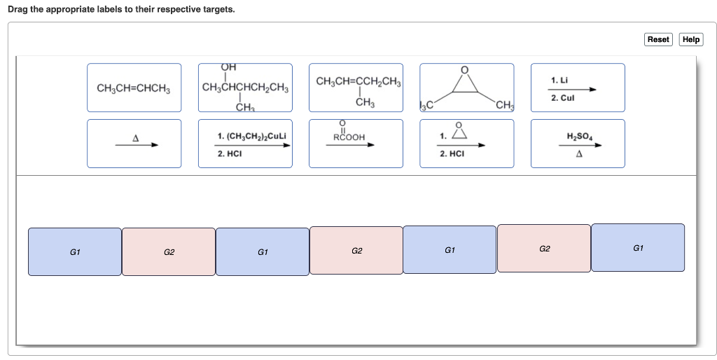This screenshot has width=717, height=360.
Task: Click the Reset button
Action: click(657, 39)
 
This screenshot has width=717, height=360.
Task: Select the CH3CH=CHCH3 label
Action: click(134, 88)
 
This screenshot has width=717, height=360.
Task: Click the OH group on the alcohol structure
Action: click(228, 67)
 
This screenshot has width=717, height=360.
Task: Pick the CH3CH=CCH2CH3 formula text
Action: click(358, 82)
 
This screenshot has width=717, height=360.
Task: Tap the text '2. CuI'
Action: click(562, 98)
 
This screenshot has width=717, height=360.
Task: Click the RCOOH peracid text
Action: click(349, 137)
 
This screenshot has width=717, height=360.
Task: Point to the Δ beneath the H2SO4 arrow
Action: click(579, 154)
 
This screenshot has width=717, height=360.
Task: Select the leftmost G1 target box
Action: click(74, 251)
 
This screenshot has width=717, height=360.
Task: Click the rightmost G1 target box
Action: click(638, 247)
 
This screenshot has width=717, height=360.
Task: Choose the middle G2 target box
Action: click(356, 250)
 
